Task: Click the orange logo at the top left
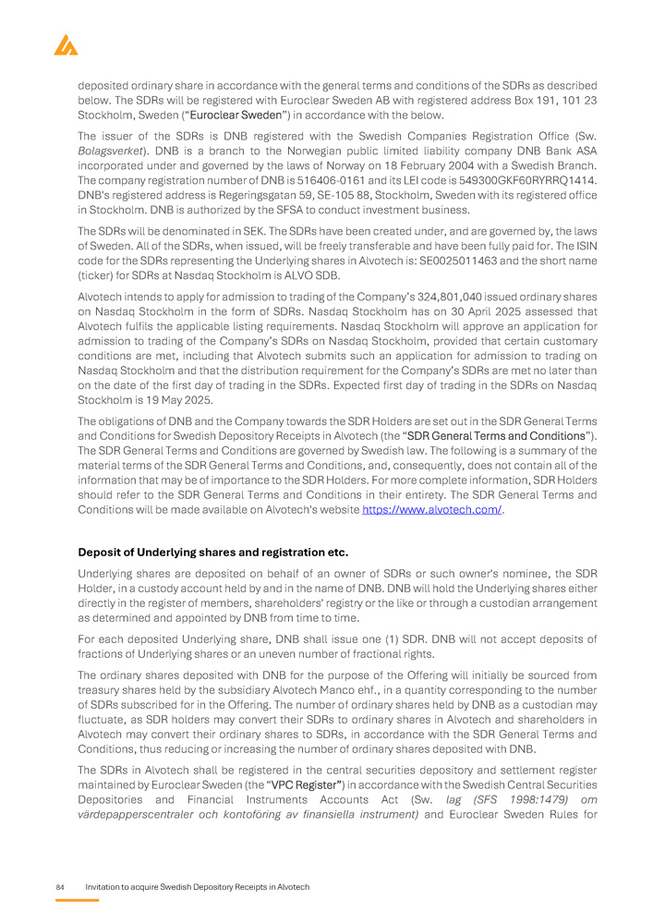[x=66, y=44]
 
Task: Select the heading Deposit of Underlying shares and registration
[x=212, y=553]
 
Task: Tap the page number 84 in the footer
[x=60, y=887]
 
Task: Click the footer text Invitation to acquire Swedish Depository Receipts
[x=197, y=887]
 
